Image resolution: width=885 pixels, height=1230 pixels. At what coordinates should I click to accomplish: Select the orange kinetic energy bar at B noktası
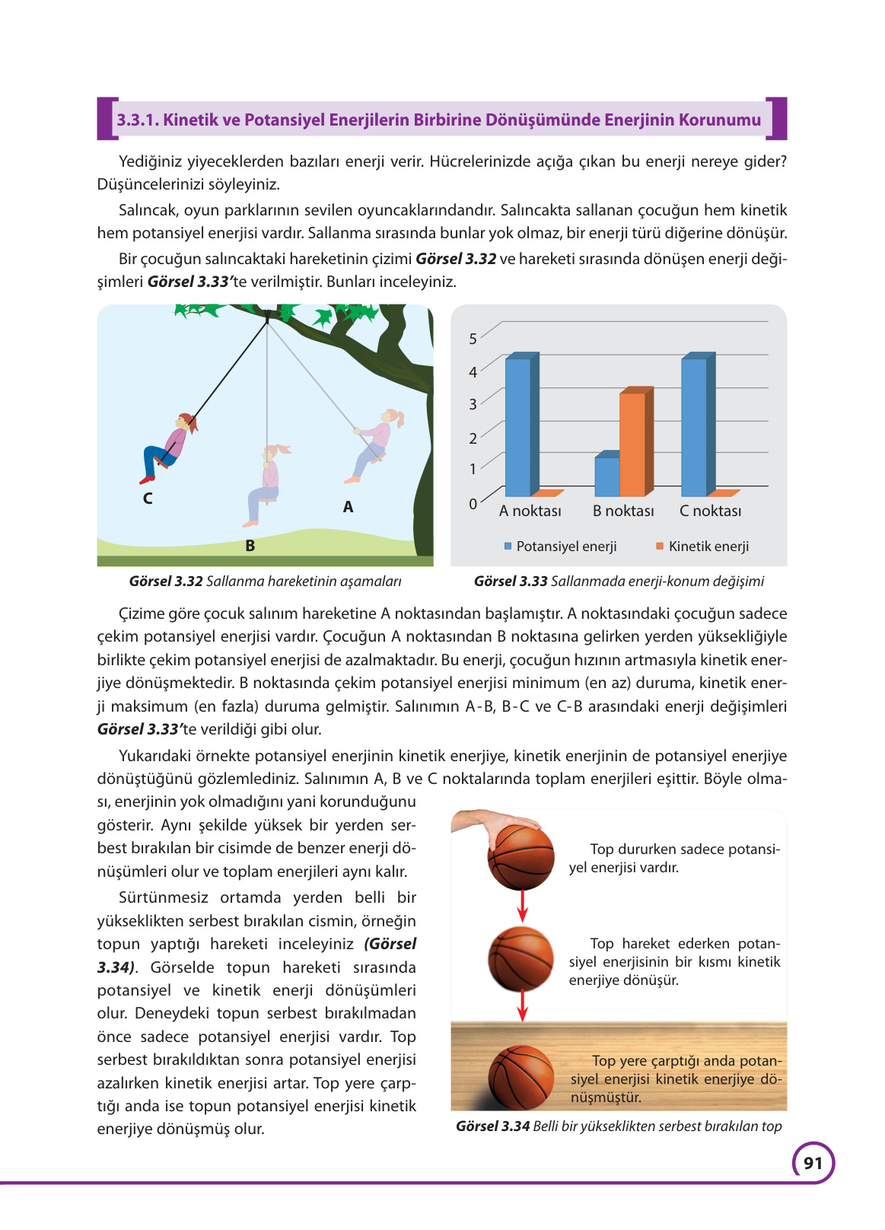tap(632, 444)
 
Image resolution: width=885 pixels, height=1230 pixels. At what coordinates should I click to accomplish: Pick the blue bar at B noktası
tap(606, 476)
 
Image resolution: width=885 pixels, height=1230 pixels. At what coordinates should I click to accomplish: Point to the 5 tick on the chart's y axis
tap(473, 339)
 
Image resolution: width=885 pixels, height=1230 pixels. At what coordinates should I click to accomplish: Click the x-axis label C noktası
tap(710, 511)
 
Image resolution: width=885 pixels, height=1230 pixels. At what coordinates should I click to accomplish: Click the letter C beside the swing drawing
tap(148, 499)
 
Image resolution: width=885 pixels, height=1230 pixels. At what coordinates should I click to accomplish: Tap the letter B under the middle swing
tap(250, 546)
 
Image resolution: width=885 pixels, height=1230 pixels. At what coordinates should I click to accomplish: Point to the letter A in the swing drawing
tap(348, 507)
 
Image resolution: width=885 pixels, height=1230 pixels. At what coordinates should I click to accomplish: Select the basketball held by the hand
tap(521, 856)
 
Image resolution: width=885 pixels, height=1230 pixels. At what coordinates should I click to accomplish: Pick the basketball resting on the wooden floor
tap(521, 1076)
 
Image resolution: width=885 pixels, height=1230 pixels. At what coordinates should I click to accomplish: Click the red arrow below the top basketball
tap(522, 906)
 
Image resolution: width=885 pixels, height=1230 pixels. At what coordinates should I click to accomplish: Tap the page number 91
tap(813, 1163)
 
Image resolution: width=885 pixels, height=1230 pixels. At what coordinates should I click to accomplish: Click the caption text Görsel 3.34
tap(492, 1126)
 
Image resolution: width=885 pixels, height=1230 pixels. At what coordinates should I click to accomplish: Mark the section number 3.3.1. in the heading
tap(137, 120)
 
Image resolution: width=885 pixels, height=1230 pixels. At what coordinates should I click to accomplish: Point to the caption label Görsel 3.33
tap(510, 582)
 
